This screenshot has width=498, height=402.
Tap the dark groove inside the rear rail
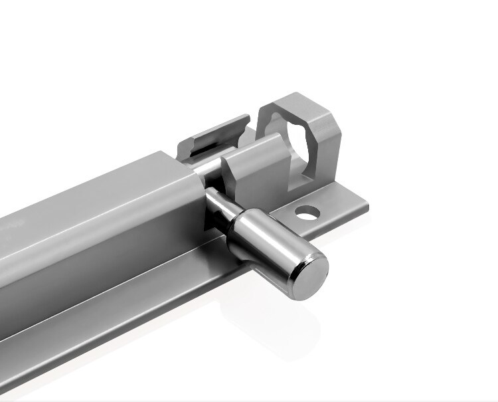click(199, 149)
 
